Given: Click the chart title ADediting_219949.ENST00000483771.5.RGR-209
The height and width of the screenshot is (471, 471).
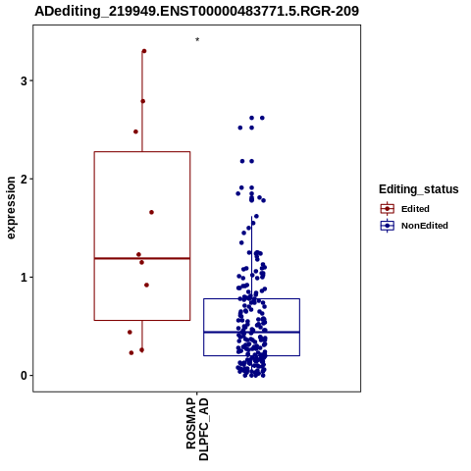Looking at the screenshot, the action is tap(197, 11).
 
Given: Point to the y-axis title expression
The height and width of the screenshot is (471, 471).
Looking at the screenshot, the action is tap(11, 208).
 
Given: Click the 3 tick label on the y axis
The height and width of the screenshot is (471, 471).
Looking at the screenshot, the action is tap(24, 80).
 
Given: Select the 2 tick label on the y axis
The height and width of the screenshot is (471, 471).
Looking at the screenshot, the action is tap(24, 179).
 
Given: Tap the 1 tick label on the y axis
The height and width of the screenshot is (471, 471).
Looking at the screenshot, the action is tap(24, 278).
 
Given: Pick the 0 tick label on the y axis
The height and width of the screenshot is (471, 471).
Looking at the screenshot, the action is tap(24, 376).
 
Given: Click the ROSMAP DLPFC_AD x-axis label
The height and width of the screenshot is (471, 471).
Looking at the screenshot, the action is tap(197, 429).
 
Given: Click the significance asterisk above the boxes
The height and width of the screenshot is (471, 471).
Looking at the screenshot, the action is tap(197, 39).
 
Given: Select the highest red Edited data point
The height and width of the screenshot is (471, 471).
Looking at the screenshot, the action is tap(144, 51).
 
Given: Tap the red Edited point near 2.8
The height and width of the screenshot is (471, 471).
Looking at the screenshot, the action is tap(143, 101).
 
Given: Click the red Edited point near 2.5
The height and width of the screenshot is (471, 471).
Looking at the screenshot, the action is tap(135, 131).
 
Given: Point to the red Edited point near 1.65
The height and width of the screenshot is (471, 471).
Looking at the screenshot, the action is tap(151, 212).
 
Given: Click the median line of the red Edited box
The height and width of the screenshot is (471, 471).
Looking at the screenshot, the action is tap(142, 258).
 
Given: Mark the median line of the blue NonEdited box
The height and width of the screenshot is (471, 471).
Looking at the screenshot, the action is tap(251, 332).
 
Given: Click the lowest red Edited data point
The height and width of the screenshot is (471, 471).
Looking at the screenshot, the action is tap(131, 352).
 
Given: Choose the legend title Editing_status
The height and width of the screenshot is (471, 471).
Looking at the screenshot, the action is tap(419, 189).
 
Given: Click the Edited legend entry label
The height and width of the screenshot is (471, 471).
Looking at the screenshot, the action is tap(415, 209).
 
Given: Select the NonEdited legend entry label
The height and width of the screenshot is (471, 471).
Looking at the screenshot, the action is tap(425, 226).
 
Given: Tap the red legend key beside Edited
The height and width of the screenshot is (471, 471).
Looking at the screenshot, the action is tap(388, 208).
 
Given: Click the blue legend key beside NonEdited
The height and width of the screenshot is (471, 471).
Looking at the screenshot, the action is tap(388, 226).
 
